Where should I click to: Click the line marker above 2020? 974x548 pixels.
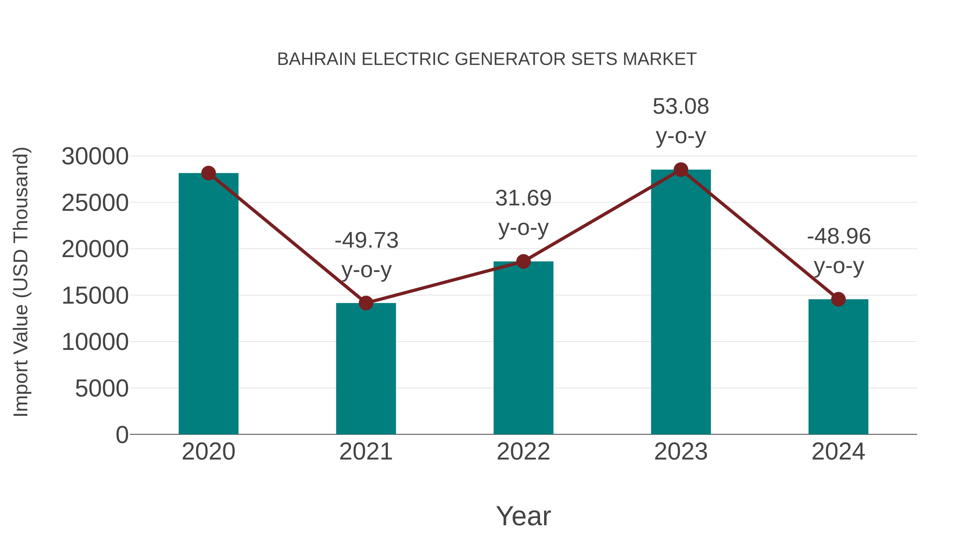208,173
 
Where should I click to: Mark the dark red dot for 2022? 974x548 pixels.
523,261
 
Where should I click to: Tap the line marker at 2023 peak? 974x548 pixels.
681,170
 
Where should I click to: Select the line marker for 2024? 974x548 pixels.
838,299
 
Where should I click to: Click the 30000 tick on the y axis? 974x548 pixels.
95,156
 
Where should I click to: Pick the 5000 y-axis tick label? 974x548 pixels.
102,388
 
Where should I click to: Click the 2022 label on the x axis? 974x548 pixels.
523,452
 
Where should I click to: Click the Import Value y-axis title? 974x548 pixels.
21,282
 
